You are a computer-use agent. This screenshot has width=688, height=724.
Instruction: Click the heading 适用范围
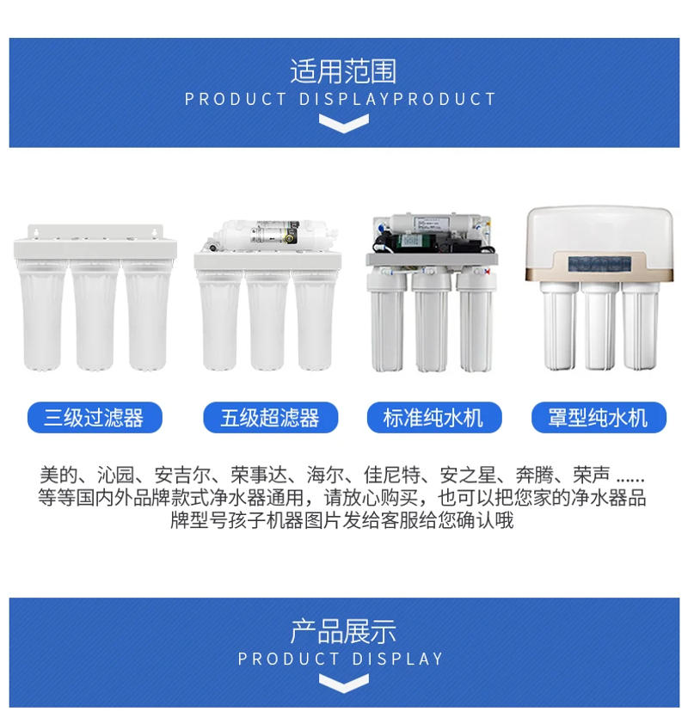pos(343,71)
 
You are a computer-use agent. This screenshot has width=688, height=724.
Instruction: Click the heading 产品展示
pos(343,630)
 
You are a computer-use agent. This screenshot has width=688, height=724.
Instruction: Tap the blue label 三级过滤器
pos(94,418)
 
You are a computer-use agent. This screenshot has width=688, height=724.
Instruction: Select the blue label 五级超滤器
pos(270,418)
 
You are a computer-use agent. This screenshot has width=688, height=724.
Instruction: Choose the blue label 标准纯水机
pos(433,418)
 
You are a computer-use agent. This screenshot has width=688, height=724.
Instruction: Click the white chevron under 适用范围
pos(343,123)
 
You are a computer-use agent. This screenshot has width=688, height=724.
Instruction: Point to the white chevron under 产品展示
pos(343,683)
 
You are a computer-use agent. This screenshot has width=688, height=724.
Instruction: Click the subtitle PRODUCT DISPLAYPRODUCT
pos(341,99)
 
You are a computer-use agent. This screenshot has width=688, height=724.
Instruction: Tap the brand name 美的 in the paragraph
pos(58,475)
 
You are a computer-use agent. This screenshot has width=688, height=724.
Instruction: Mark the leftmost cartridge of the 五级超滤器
pos(219,318)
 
